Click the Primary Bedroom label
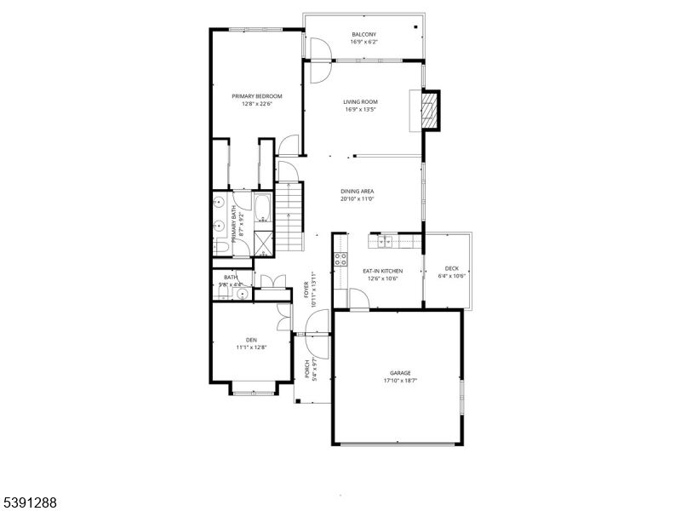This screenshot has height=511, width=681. pos(256,96)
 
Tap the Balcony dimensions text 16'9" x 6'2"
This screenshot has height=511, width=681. pos(363,42)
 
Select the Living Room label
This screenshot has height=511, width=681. pos(361,102)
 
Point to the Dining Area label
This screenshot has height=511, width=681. pos(358,192)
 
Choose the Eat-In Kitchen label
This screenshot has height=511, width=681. pos(382,271)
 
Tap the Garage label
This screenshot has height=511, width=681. pos(400,373)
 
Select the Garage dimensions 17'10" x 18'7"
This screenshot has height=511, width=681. pos(400,381)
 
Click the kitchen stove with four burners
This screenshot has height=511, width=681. pos(340,258)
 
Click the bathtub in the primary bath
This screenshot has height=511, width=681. pos(262,210)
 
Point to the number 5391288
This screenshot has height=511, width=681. pos(29,503)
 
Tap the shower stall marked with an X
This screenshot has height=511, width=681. pos(263,243)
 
